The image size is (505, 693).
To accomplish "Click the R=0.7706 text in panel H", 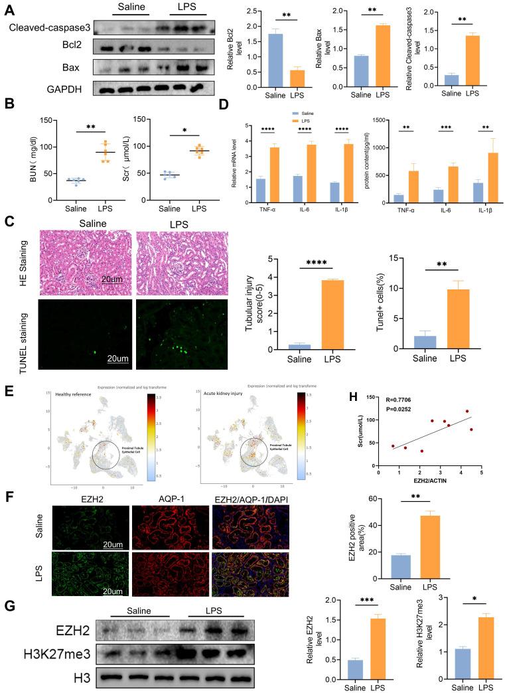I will (397, 402).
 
